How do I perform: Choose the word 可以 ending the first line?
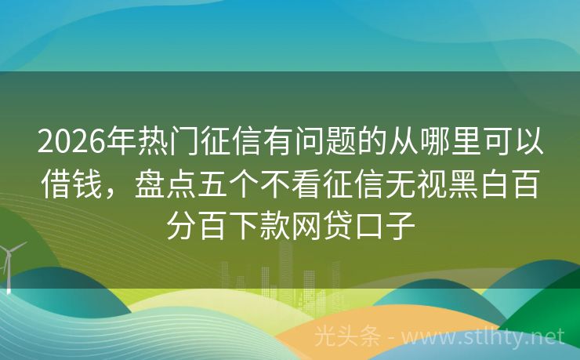pos(525,143)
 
